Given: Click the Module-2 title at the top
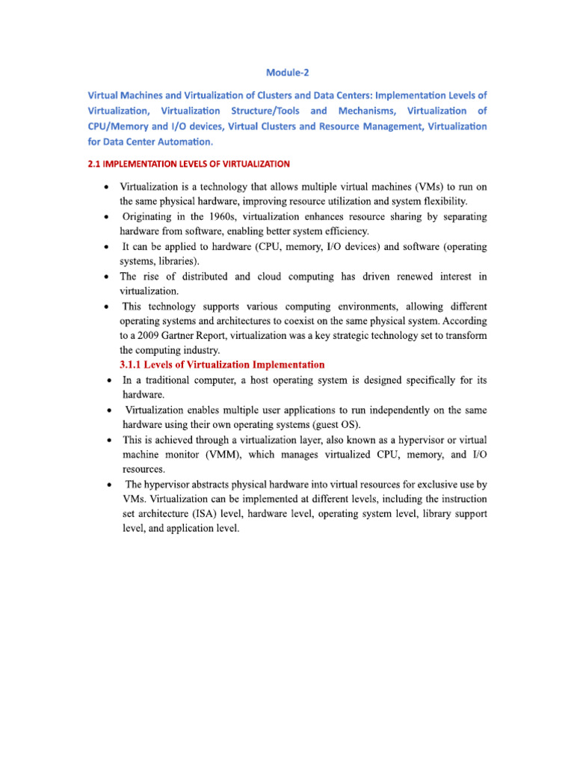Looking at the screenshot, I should (287, 73).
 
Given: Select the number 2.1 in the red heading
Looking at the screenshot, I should (96, 163).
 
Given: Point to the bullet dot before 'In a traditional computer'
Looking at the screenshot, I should (109, 381).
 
